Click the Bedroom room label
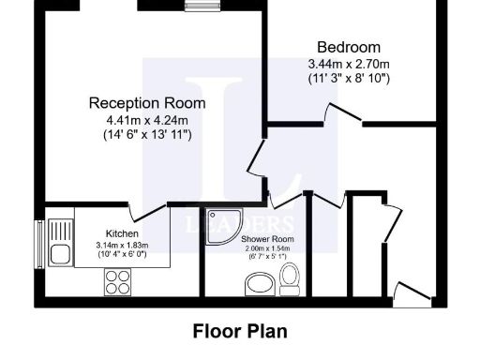point(349,48)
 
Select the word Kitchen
point(123,235)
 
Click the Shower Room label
point(263,240)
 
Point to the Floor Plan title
point(239,331)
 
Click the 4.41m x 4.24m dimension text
point(147,119)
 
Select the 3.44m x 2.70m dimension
point(349,64)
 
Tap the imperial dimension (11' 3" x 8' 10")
point(349,78)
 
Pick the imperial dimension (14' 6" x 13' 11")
point(147,135)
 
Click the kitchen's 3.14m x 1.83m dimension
point(123,246)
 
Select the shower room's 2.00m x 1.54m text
point(263,249)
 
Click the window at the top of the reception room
point(198,7)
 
